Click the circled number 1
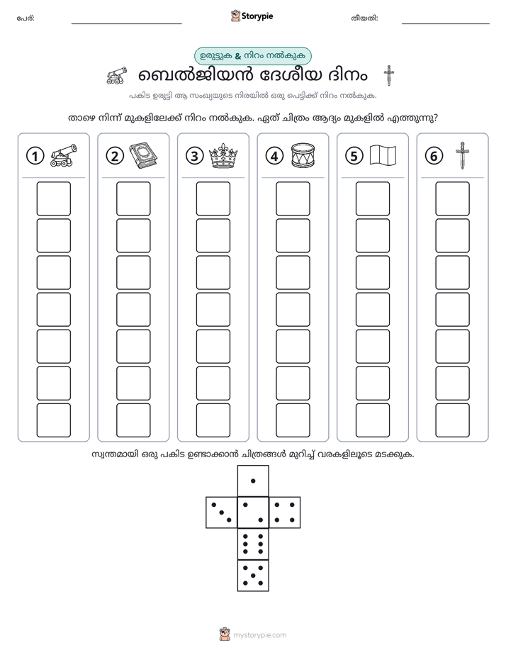point(35,156)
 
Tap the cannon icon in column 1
point(64,155)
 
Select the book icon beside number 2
point(143,156)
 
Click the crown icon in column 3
point(223,155)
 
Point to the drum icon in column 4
point(303,156)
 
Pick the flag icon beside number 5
point(383,155)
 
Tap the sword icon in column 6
point(462,155)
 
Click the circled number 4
point(274,156)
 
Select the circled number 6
point(434,156)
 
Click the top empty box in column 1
point(53,198)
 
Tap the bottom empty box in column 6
point(452,420)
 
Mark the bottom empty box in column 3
point(213,420)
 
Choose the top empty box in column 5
point(372,198)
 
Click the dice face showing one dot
point(253,481)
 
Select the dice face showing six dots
point(253,544)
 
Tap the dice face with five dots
point(253,575)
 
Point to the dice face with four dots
point(284,513)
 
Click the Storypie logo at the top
point(252,16)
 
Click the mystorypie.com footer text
point(259,635)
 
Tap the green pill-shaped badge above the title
point(252,56)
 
